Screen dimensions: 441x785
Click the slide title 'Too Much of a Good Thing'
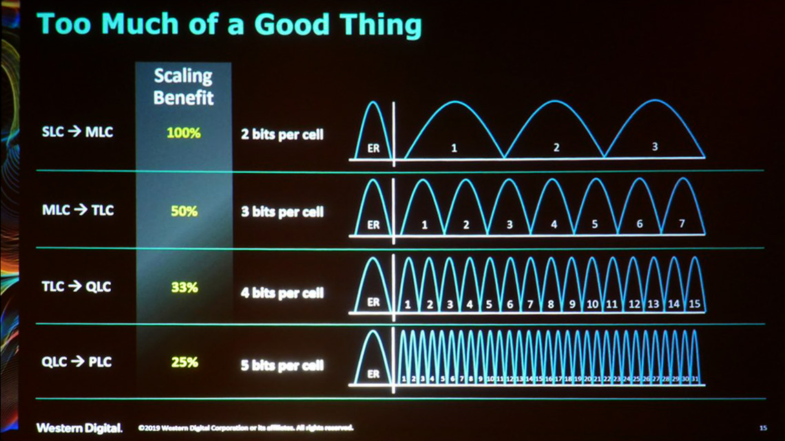[x=229, y=25]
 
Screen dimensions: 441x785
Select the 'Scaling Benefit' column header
[x=183, y=87]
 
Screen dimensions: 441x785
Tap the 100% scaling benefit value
[x=183, y=133]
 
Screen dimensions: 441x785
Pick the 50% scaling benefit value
[x=184, y=211]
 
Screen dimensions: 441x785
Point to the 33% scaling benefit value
[x=184, y=288]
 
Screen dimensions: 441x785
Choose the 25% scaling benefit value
[x=184, y=362]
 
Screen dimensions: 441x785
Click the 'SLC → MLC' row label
[x=77, y=132]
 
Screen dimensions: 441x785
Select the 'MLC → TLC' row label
[x=77, y=211]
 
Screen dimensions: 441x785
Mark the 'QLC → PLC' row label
[x=77, y=363]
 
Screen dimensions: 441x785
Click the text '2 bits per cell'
[x=282, y=135]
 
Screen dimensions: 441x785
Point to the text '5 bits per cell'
[x=282, y=366]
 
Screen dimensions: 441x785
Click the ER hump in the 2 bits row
[x=373, y=131]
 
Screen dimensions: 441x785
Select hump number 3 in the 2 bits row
[x=654, y=131]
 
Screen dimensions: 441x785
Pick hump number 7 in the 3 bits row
[x=682, y=206]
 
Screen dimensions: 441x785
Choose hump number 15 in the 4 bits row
[x=693, y=285]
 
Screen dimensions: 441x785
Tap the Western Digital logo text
[x=78, y=428]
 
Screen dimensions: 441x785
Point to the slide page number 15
[x=762, y=428]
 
